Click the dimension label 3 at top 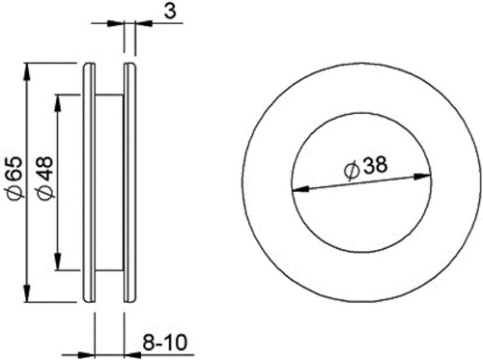170,11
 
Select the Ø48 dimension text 44,178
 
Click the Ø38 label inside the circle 365,168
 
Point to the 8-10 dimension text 164,343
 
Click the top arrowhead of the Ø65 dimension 28,71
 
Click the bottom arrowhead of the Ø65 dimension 28,293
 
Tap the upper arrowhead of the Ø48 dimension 58,103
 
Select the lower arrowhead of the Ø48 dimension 58,262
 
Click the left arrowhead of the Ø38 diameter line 299,190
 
